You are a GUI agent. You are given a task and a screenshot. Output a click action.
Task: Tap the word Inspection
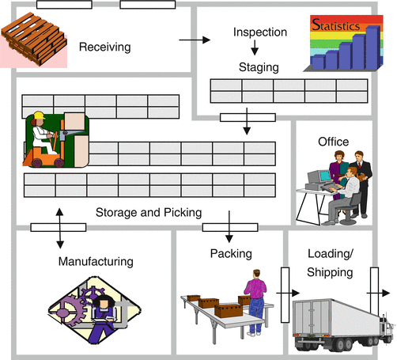pos(260,32)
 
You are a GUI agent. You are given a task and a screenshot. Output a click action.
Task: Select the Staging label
pos(259,68)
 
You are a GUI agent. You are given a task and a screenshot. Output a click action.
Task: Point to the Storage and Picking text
pos(148,212)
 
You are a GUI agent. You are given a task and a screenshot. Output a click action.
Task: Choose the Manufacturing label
pos(95,260)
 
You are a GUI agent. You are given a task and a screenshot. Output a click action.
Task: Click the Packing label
pos(230,254)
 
